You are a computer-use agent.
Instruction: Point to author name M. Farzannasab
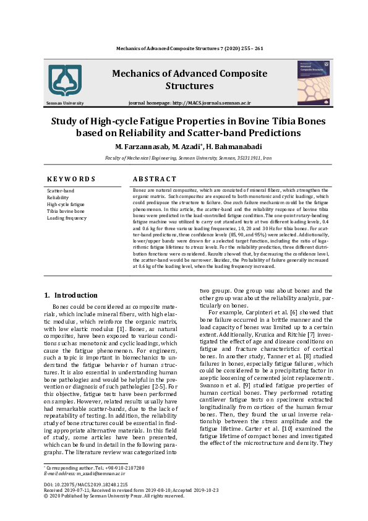tap(142, 146)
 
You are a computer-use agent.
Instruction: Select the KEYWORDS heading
tap(71, 179)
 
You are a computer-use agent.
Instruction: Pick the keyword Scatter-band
tap(61, 191)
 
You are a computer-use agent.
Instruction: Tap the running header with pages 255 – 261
tap(190, 48)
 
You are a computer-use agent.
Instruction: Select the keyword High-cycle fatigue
tap(66, 204)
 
